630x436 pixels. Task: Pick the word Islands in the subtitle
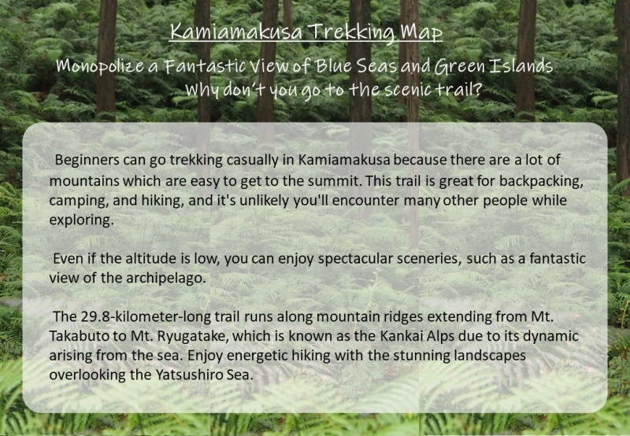(521, 65)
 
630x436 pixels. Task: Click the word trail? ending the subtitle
(458, 89)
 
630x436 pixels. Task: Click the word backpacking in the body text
(540, 182)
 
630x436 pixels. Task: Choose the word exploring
(81, 220)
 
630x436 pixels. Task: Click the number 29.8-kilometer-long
(146, 316)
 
